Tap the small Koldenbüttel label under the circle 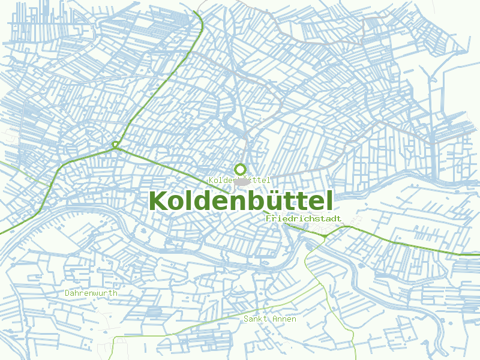pos(239,180)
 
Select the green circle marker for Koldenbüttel pos(241,169)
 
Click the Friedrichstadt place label pos(303,219)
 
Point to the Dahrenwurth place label pos(91,293)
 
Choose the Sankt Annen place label pos(269,319)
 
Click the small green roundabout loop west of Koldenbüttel pos(115,145)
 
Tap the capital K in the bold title pos(158,200)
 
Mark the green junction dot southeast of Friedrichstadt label pos(325,236)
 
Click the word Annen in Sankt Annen pos(284,319)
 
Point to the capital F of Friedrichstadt pos(268,219)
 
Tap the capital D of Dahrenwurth pos(68,293)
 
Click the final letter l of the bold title pos(329,200)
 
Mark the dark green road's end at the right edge pos(478,254)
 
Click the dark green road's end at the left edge pos(1,233)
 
